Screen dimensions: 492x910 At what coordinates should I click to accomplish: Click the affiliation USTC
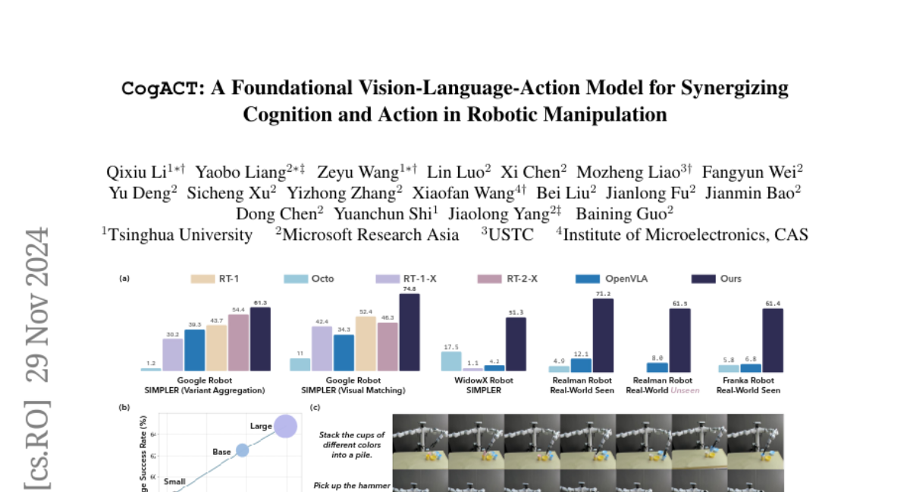[510, 235]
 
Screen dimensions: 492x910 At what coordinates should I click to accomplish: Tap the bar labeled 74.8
[409, 332]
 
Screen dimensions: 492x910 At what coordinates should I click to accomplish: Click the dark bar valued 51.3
[516, 344]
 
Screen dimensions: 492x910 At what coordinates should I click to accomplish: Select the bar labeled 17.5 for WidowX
[451, 361]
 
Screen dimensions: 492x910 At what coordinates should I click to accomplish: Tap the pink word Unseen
[685, 390]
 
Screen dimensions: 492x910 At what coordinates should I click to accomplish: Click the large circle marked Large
[286, 427]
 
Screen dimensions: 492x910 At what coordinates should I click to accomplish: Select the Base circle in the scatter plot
[242, 450]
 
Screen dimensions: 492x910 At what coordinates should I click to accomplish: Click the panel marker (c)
[316, 408]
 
